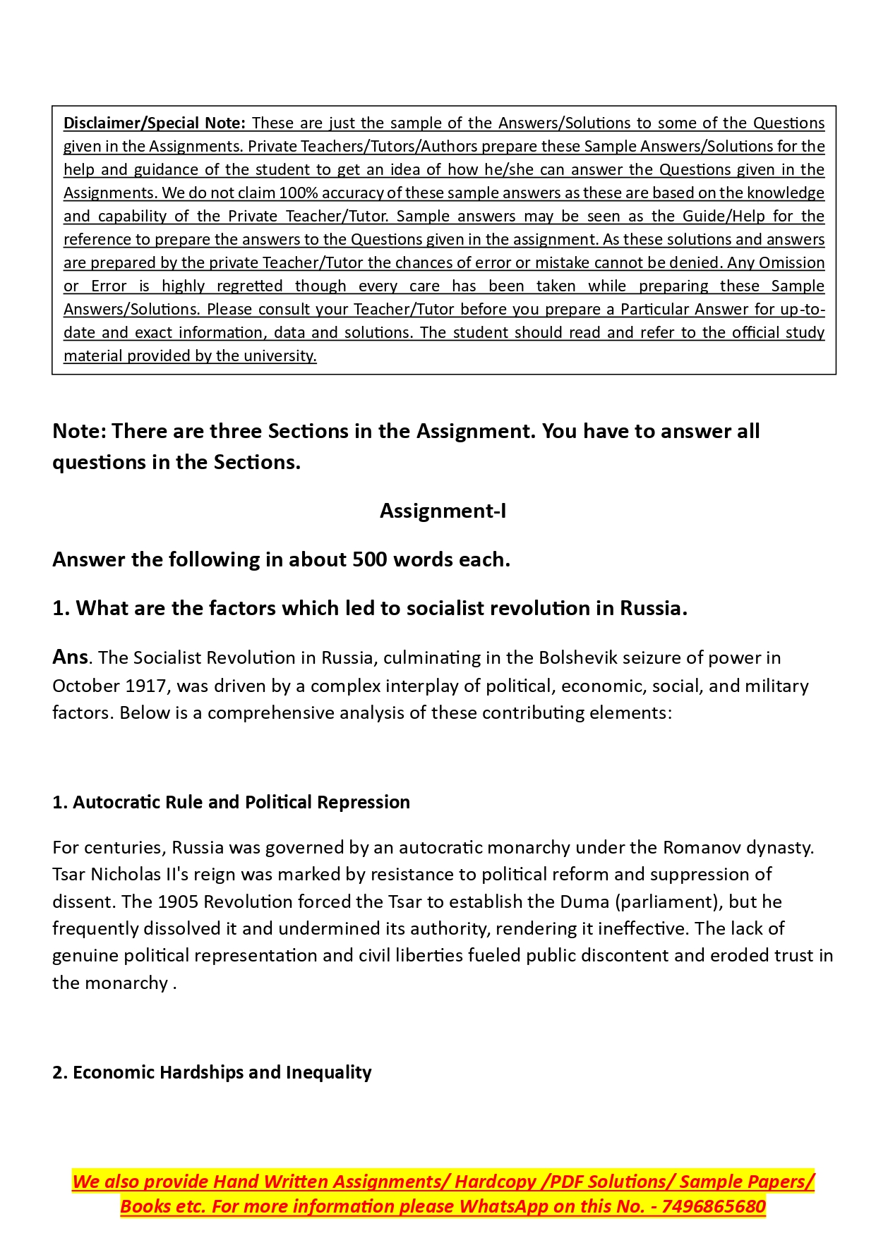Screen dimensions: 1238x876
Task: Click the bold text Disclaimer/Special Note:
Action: click(x=154, y=123)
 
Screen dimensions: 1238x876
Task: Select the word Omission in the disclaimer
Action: click(x=791, y=263)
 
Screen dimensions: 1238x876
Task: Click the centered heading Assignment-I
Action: click(x=443, y=511)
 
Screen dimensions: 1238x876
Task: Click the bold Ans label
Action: click(x=70, y=657)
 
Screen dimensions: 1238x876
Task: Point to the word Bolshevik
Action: click(x=573, y=658)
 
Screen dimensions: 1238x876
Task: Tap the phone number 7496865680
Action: click(x=714, y=1207)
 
